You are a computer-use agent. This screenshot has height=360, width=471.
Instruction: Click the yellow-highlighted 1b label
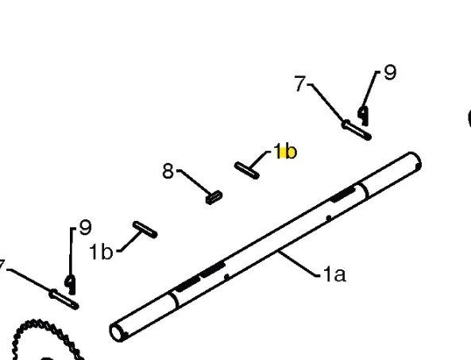point(285,151)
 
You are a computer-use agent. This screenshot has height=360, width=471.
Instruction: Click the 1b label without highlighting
point(101,251)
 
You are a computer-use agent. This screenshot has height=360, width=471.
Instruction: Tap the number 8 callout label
point(168,171)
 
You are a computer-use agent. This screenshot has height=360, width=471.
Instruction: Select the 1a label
point(334,274)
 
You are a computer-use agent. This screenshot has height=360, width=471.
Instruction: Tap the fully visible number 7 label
point(300,83)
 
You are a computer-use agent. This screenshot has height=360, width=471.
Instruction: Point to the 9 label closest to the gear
point(85,227)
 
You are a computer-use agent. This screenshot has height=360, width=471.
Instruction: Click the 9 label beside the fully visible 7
point(390,72)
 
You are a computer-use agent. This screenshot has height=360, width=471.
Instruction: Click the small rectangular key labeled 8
point(214,198)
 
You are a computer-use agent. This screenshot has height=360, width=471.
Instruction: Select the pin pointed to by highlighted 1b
point(246,170)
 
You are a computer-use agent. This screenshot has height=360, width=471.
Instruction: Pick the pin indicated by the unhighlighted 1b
point(145,230)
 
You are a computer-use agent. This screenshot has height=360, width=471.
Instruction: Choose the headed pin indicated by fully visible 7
point(357,130)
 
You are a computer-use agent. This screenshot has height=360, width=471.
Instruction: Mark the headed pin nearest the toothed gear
point(64,299)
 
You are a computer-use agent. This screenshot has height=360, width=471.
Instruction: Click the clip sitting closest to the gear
point(71,285)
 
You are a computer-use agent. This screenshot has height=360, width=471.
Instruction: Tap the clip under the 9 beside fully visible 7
point(364,116)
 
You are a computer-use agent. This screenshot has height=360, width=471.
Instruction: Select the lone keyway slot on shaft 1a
point(342,194)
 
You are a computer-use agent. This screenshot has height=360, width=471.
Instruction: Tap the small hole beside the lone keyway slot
point(329,217)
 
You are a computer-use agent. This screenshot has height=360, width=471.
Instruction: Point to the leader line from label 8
point(195,182)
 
